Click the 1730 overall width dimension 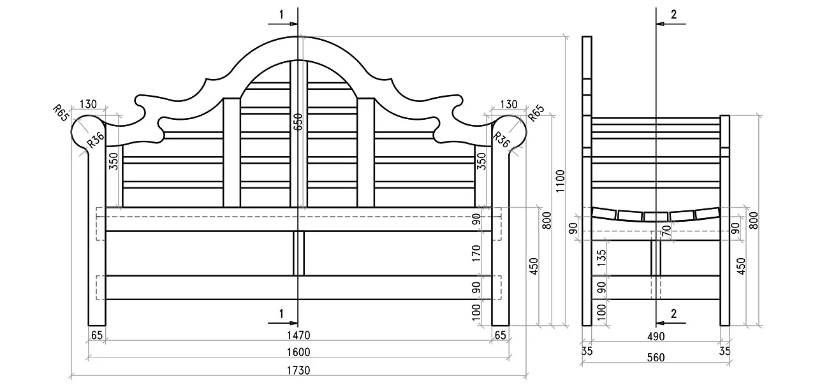click(x=298, y=370)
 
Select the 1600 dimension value click(x=298, y=352)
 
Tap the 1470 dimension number click(x=298, y=335)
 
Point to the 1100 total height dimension click(x=561, y=181)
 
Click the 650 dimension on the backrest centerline click(x=298, y=122)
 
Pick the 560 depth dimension click(x=656, y=357)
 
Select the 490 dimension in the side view click(x=656, y=336)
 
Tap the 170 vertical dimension click(x=476, y=253)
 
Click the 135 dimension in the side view click(x=602, y=257)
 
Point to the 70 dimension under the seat click(x=666, y=231)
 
